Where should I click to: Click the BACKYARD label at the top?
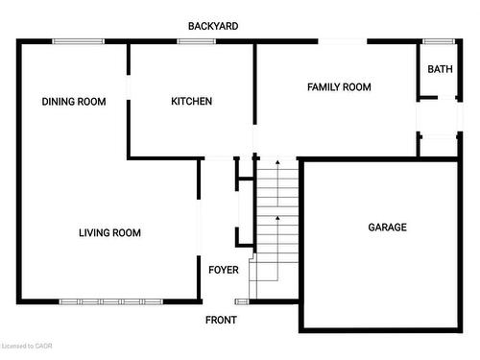coord(213,26)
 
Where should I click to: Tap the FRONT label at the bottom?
coord(219,320)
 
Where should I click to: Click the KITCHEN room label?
coord(191,102)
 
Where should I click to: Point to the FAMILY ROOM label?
coord(339,87)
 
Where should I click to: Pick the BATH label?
coord(440,69)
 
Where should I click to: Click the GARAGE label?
coord(388,228)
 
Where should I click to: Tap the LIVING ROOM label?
coord(109,232)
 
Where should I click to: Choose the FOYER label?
coord(224,270)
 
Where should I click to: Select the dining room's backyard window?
coord(78,40)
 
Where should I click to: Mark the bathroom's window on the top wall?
coord(439,40)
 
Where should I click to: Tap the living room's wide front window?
coord(108,301)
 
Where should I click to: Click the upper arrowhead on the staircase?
coord(277,164)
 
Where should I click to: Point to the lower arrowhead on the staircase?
coord(277,218)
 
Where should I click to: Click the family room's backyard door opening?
coord(343,40)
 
